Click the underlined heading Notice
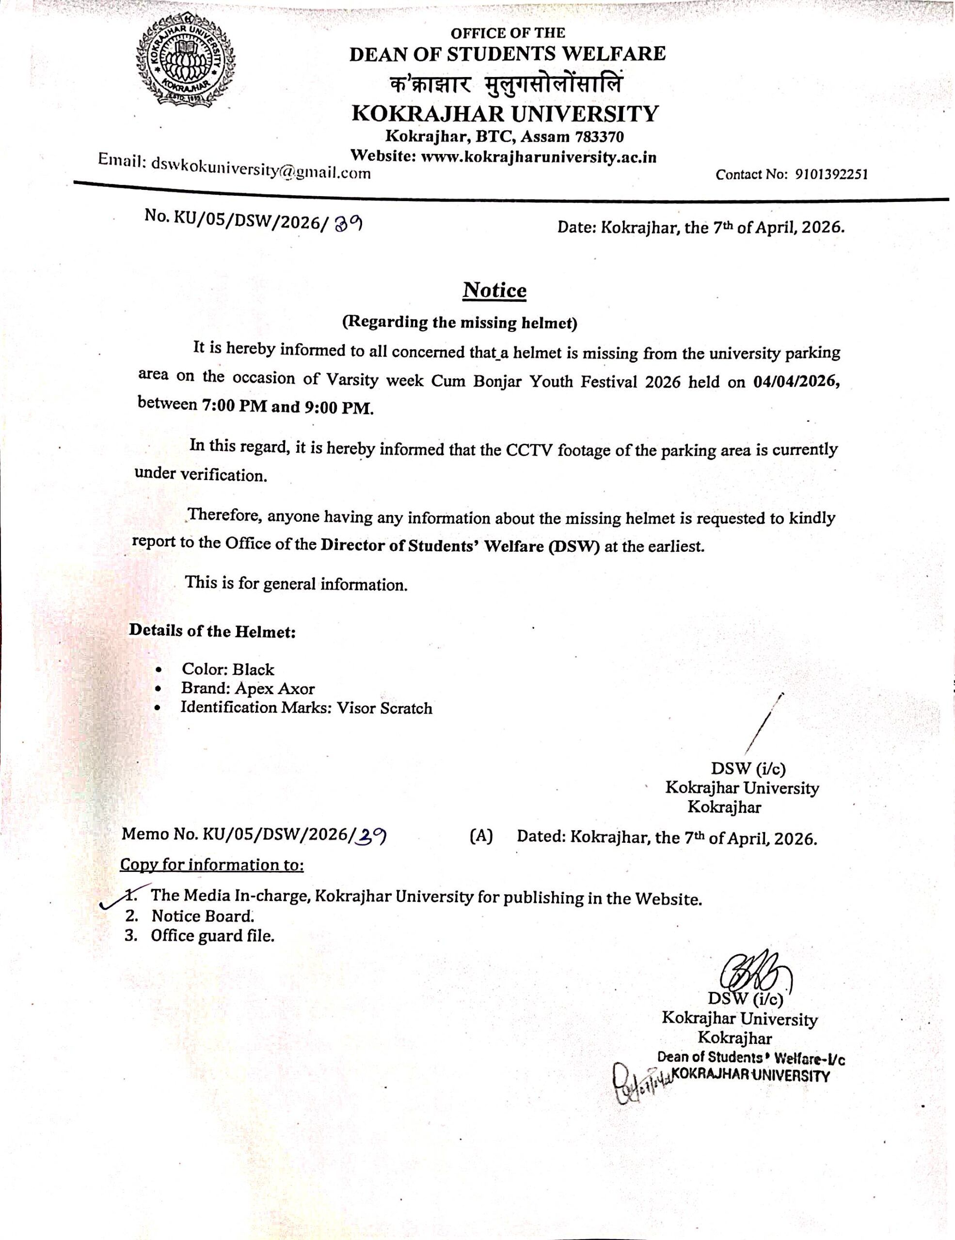pyautogui.click(x=494, y=290)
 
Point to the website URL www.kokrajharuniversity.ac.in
pyautogui.click(x=538, y=157)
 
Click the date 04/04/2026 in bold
pyautogui.click(x=796, y=382)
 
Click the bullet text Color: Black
pyautogui.click(x=228, y=669)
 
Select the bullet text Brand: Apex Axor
pyautogui.click(x=248, y=689)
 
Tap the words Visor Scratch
pyautogui.click(x=384, y=708)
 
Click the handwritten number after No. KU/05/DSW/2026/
pyautogui.click(x=348, y=225)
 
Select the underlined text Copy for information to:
pyautogui.click(x=212, y=865)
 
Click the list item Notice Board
pyautogui.click(x=202, y=916)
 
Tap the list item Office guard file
pyautogui.click(x=212, y=936)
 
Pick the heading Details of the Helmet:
pyautogui.click(x=212, y=631)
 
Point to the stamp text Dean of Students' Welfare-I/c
pyautogui.click(x=751, y=1058)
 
